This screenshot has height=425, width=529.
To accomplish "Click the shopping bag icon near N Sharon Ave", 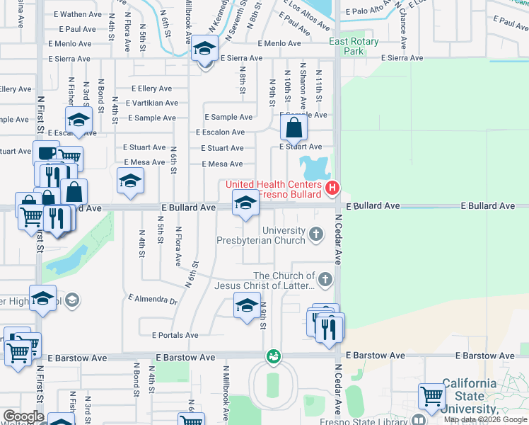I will pos(293,128).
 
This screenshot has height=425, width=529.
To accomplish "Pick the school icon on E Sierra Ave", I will pos(204,51).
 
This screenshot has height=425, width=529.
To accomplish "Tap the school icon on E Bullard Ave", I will pos(245,204).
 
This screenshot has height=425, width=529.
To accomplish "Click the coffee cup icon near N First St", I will pos(46,153).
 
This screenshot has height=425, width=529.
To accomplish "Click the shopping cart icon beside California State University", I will pos(431,397).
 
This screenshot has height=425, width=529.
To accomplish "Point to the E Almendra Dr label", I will pos(153,300).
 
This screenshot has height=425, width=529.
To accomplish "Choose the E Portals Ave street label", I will pos(175,335).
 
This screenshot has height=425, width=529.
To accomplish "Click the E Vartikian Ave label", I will pos(152,103).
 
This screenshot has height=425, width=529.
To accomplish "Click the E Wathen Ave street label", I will pos(78,14).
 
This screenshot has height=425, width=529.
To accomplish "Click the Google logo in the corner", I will pos(23,416).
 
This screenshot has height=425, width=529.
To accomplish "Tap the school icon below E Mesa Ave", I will pos(130,181).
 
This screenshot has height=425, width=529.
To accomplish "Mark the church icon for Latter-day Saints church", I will pos(325,279).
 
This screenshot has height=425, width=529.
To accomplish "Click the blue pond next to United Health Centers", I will pos(313,169).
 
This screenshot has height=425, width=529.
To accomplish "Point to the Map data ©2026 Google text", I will pos(486,419).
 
